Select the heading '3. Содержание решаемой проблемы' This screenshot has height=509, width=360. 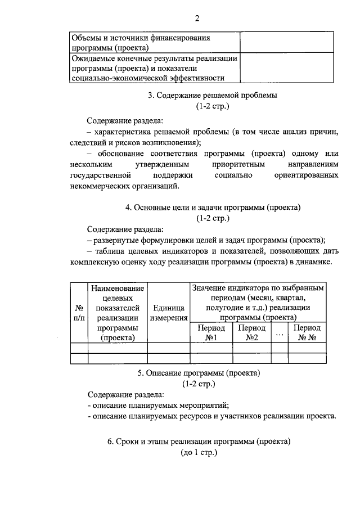coord(213,96)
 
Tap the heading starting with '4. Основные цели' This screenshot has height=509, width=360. coord(213,207)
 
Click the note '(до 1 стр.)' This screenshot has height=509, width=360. coord(198,452)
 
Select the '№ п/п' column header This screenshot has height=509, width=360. coord(79,313)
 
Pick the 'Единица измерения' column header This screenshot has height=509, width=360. coord(169,313)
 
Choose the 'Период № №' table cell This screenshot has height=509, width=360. coord(307,332)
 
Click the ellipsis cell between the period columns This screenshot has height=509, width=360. coord(279,332)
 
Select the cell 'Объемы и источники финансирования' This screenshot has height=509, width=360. coord(154,43)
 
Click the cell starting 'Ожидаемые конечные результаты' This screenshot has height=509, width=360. coord(154,68)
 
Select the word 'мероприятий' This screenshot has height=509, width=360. coord(206,406)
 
